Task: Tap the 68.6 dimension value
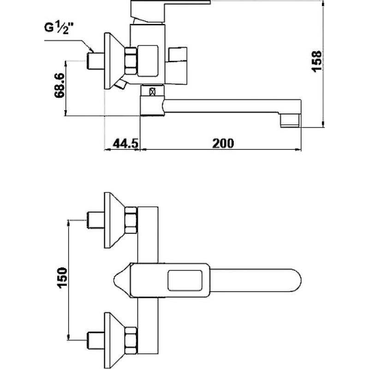(59, 85)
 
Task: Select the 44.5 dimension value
(125, 143)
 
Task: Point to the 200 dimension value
(223, 143)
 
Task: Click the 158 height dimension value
(316, 61)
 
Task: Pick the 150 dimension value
(62, 278)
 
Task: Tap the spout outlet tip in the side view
(291, 120)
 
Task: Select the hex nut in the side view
(131, 61)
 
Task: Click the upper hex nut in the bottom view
(131, 220)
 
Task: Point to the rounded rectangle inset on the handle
(185, 280)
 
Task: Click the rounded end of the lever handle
(297, 280)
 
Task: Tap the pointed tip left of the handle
(114, 280)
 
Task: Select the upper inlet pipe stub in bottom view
(96, 220)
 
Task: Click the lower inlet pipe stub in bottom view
(96, 340)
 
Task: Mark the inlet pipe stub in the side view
(96, 61)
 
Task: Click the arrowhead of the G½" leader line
(92, 50)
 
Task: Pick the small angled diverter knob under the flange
(120, 84)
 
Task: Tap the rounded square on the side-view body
(148, 61)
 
